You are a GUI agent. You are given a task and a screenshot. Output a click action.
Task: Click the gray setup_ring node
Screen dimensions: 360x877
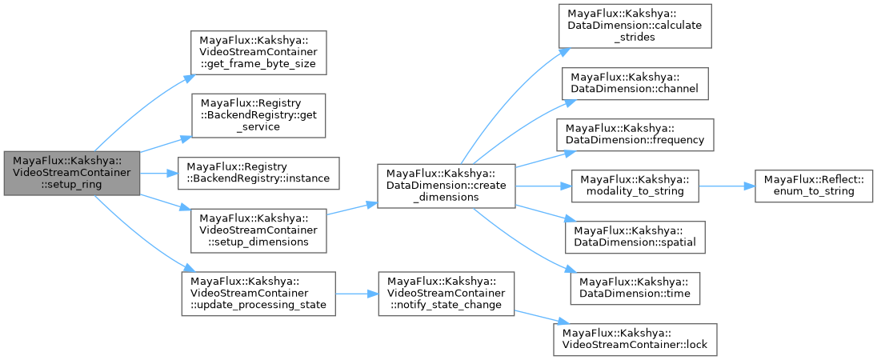(x=72, y=173)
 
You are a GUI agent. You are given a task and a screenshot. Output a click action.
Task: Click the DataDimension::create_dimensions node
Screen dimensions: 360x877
(x=445, y=186)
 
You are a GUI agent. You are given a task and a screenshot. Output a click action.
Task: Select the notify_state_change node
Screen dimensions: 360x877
(x=445, y=293)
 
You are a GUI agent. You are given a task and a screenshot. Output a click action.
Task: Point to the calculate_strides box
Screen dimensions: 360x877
(x=635, y=26)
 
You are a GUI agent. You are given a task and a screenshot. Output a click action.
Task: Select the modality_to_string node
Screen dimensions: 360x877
(x=635, y=186)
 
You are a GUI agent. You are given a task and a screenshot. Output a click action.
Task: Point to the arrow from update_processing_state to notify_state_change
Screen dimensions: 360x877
(x=355, y=293)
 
